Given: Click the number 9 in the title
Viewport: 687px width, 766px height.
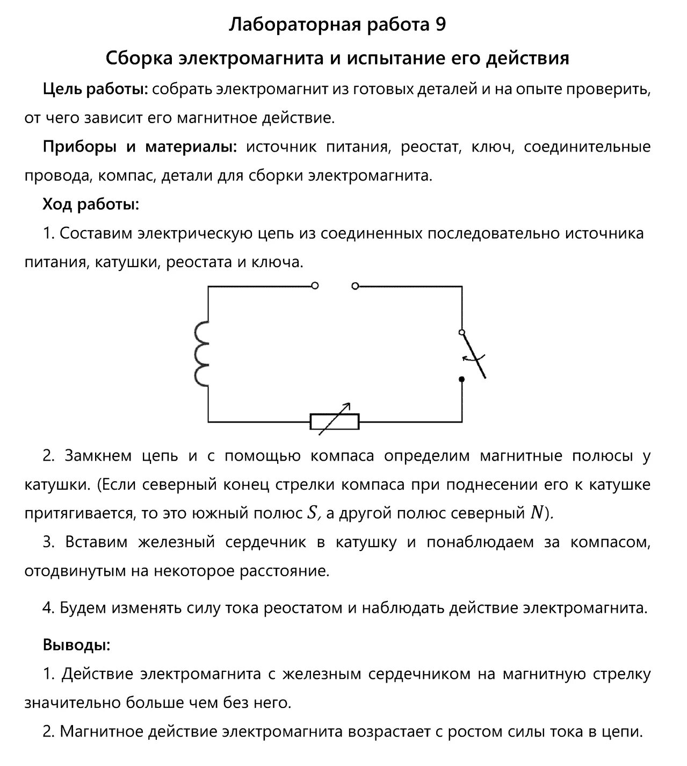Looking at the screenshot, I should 438,25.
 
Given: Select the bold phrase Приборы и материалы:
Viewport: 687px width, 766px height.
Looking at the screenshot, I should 140,147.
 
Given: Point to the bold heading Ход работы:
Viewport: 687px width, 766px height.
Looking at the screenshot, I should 91,205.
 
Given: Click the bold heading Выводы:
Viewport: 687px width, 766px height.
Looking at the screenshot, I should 76,645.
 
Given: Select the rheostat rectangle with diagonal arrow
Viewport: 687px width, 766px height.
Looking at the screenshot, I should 334,420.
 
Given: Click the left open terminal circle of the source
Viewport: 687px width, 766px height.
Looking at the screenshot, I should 315,286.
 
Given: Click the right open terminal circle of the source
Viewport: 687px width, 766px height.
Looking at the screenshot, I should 355,286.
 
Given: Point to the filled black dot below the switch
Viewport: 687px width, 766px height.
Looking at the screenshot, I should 461,380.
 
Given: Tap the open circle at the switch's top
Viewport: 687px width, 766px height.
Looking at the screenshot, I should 461,332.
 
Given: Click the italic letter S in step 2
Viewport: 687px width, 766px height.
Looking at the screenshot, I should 312,514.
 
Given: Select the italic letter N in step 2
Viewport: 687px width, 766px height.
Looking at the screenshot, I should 536,514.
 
